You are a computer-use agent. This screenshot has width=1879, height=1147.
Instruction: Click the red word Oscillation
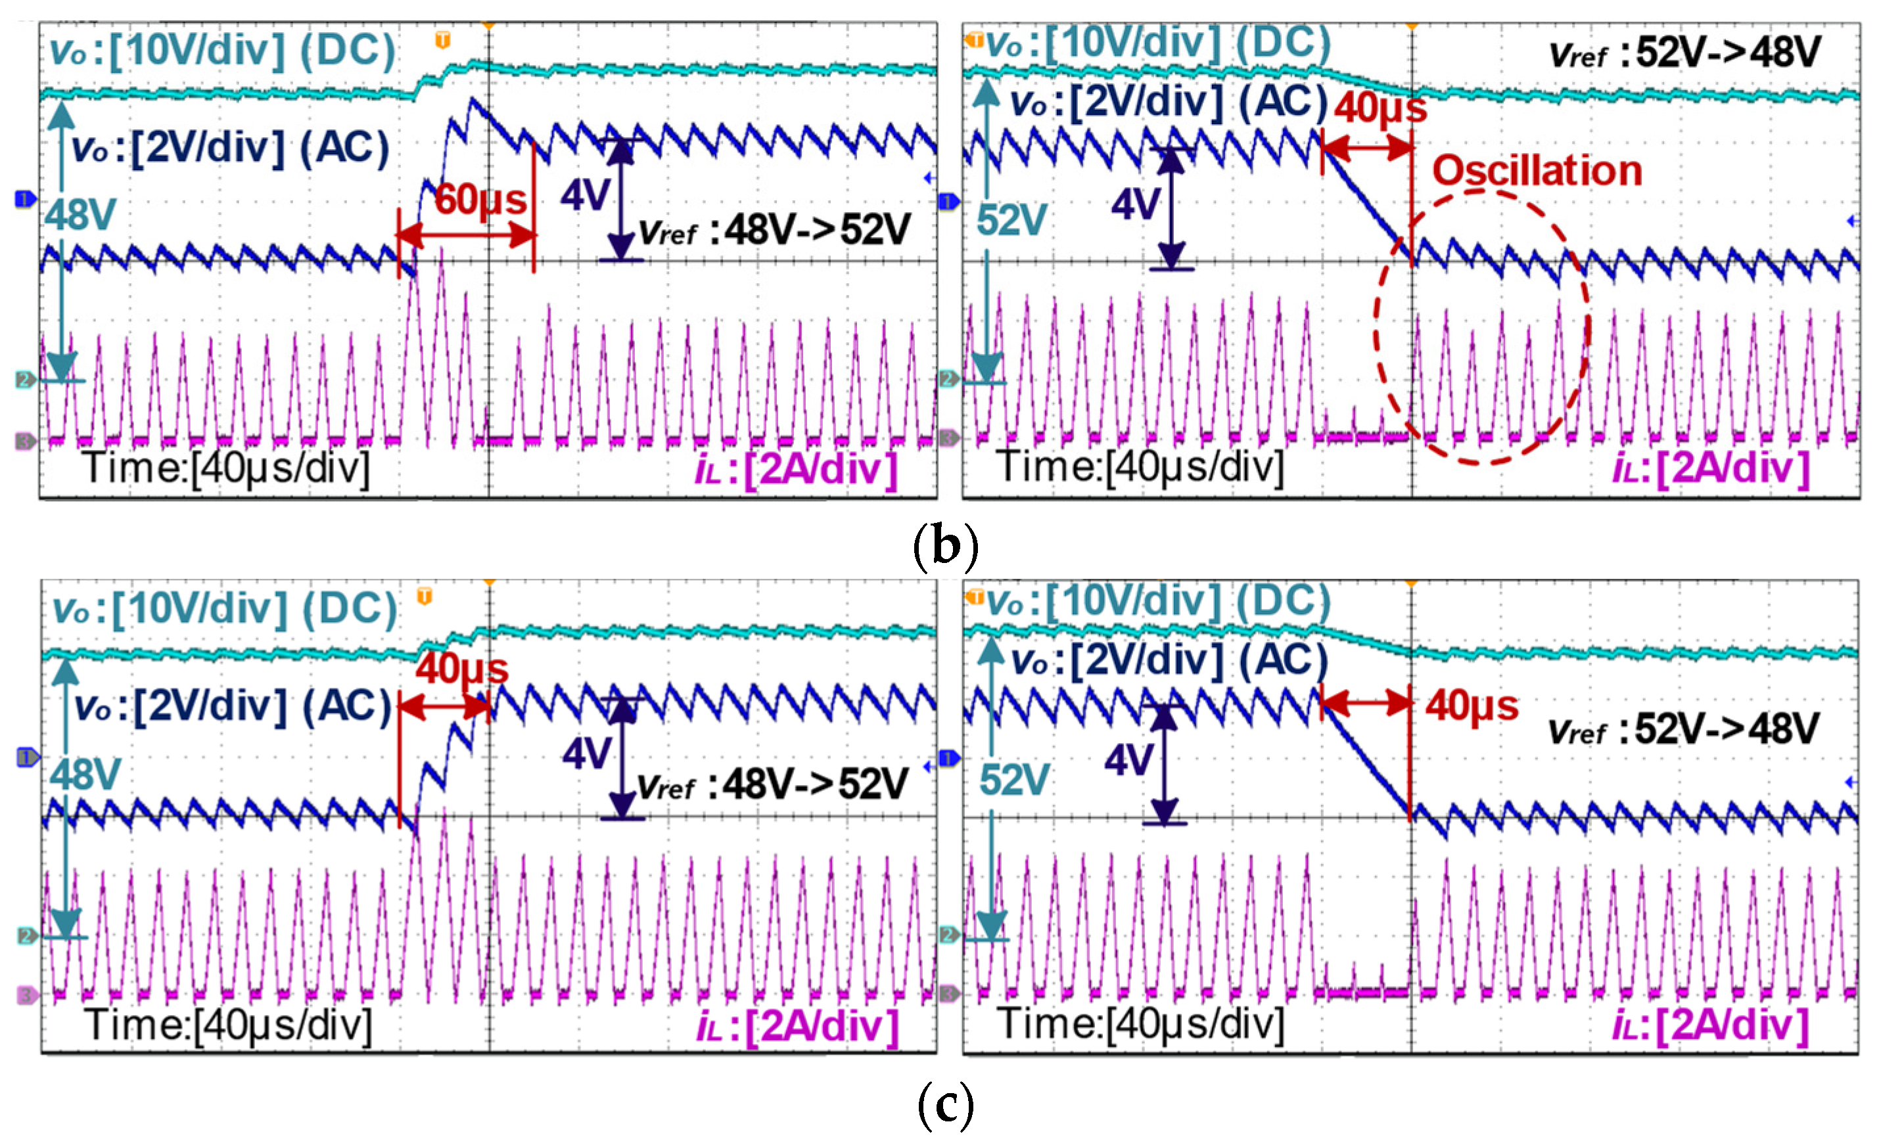click(x=1537, y=170)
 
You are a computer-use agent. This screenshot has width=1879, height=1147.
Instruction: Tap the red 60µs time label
click(x=480, y=200)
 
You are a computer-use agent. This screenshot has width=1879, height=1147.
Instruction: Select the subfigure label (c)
click(x=945, y=1104)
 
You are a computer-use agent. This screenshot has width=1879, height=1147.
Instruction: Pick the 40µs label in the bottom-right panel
click(x=1472, y=705)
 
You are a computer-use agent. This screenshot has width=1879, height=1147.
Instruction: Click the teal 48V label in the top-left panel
click(x=80, y=215)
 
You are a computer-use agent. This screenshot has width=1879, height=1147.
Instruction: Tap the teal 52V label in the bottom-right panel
click(x=1014, y=780)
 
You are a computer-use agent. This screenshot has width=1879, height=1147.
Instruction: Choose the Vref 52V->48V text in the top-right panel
click(x=1685, y=53)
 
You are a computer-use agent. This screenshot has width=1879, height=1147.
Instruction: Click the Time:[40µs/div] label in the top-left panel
click(x=227, y=466)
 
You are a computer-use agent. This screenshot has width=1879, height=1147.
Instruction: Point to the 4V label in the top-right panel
click(x=1136, y=204)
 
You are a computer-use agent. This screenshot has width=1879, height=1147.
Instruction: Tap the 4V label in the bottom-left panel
click(x=586, y=753)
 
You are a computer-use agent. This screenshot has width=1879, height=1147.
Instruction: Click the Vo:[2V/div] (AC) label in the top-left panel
click(x=229, y=147)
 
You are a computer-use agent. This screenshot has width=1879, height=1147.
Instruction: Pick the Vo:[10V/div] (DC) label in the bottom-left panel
click(x=225, y=610)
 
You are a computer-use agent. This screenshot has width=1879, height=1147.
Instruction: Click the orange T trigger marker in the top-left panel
click(x=442, y=39)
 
